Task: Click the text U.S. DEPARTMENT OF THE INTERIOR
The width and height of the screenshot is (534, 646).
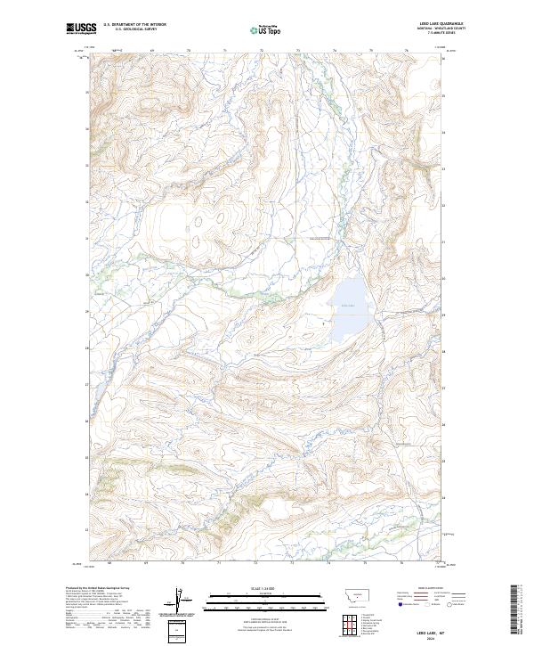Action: point(134,25)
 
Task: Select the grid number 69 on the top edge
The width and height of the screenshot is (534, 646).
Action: point(152,51)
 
